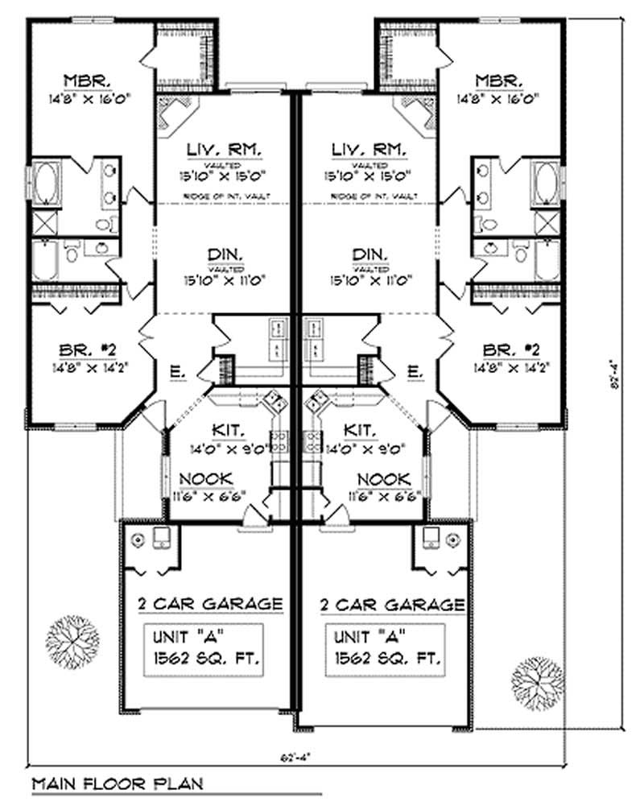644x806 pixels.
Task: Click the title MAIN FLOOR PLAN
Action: click(117, 782)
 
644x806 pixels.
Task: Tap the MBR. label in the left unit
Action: click(88, 81)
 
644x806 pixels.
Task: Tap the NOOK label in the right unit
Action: click(383, 477)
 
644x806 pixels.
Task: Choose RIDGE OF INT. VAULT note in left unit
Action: click(223, 196)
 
